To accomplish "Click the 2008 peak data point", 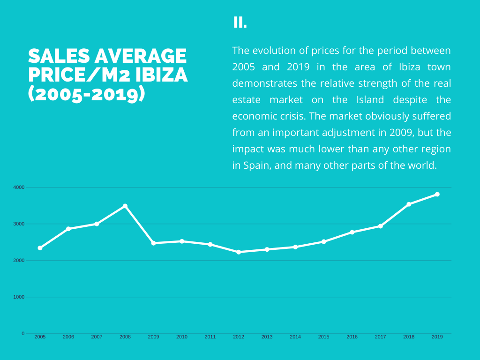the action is [x=125, y=206].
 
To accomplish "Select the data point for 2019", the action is [x=437, y=195].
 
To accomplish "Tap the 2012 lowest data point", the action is [x=239, y=252].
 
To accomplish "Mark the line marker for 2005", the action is [x=40, y=248].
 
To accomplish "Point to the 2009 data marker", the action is [x=153, y=243].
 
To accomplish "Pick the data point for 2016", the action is [x=352, y=232].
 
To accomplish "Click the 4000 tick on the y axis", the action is [x=19, y=187].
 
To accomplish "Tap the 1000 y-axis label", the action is [x=19, y=297].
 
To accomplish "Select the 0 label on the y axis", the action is [x=23, y=333].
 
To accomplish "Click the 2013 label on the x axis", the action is [x=267, y=337].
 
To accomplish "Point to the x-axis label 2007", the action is [x=97, y=337].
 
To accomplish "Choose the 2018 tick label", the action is [x=409, y=337].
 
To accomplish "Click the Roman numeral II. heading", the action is [x=240, y=22].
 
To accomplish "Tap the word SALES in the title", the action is [x=59, y=56].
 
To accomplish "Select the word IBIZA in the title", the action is [x=161, y=75].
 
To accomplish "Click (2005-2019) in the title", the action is [x=87, y=94].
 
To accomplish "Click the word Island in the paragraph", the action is [x=370, y=99].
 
